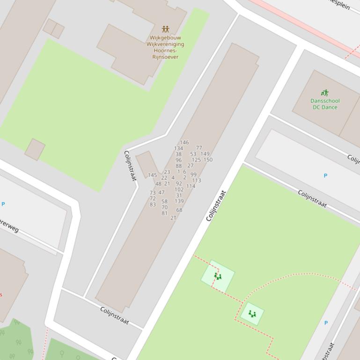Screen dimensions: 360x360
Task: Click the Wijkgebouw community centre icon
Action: (165, 29)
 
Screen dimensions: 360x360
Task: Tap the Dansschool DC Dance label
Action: (325, 104)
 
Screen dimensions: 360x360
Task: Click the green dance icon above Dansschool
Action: (325, 93)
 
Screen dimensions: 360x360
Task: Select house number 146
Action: (184, 143)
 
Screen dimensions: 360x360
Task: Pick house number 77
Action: (199, 148)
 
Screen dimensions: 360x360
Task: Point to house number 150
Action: (208, 160)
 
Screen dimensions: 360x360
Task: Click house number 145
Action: (152, 175)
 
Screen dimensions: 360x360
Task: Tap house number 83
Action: (153, 205)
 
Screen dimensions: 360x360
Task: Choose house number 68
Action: (179, 210)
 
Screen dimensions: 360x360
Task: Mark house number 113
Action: (197, 180)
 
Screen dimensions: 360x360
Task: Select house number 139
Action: (179, 202)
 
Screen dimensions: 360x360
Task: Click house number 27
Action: (191, 166)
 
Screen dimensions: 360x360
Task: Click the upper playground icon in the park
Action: (218, 276)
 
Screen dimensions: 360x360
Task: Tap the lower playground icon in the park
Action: (252, 314)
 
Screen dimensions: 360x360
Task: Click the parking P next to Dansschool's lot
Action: (325, 176)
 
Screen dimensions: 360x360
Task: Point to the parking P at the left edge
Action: (3, 204)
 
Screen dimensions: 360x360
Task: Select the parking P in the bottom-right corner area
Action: (326, 323)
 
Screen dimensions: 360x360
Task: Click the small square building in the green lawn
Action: (35, 149)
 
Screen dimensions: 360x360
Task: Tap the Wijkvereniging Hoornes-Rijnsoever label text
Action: (165, 47)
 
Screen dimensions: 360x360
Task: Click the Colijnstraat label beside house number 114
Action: (216, 206)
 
